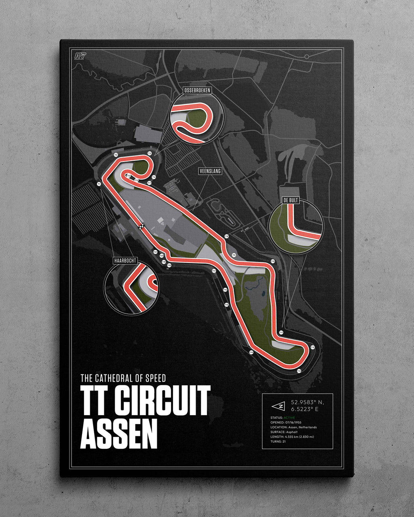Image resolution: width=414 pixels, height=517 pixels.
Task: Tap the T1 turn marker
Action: pos(99,184)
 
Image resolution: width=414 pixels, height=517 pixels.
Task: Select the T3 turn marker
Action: pos(149,153)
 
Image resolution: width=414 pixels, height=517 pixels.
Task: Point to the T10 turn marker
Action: pos(272,262)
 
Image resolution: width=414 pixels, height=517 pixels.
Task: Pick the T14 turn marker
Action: pos(251,352)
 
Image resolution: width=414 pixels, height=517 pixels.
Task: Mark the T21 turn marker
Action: pos(155,252)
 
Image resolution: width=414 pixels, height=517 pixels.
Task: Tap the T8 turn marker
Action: pos(226,236)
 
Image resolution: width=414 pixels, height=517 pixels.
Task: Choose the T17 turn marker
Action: pos(214,270)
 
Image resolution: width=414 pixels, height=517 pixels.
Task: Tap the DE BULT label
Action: pos(291,200)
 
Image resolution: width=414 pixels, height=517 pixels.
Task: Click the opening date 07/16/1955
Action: pos(294,422)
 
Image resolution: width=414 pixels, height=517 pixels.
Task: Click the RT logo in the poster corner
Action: pos(80,56)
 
